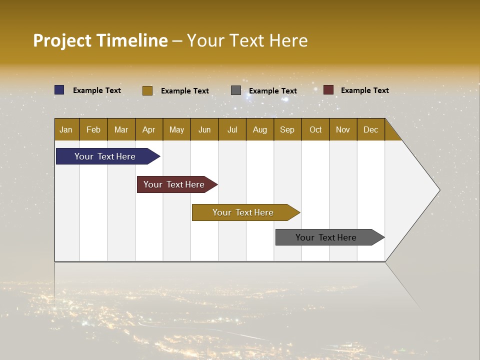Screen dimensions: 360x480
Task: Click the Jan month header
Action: click(x=66, y=129)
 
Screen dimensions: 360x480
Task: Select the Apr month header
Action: click(x=149, y=129)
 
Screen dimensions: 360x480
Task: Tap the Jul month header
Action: click(x=232, y=129)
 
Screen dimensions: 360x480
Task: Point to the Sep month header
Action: click(x=287, y=129)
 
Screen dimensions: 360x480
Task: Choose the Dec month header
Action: click(x=370, y=129)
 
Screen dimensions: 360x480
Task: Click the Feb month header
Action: click(x=93, y=129)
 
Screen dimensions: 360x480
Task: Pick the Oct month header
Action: click(x=315, y=129)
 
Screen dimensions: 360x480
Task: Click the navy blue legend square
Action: click(x=59, y=90)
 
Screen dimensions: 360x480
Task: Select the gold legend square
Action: click(x=147, y=90)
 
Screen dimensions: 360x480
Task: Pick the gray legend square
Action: click(x=236, y=90)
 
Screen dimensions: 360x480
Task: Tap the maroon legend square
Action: click(x=328, y=90)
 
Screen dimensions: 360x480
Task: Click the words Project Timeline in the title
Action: click(x=100, y=40)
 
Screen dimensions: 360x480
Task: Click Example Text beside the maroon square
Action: click(x=364, y=90)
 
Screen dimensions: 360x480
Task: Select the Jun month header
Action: click(x=204, y=129)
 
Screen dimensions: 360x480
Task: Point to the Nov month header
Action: click(x=343, y=129)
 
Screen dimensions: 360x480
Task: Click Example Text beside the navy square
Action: click(x=97, y=90)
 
